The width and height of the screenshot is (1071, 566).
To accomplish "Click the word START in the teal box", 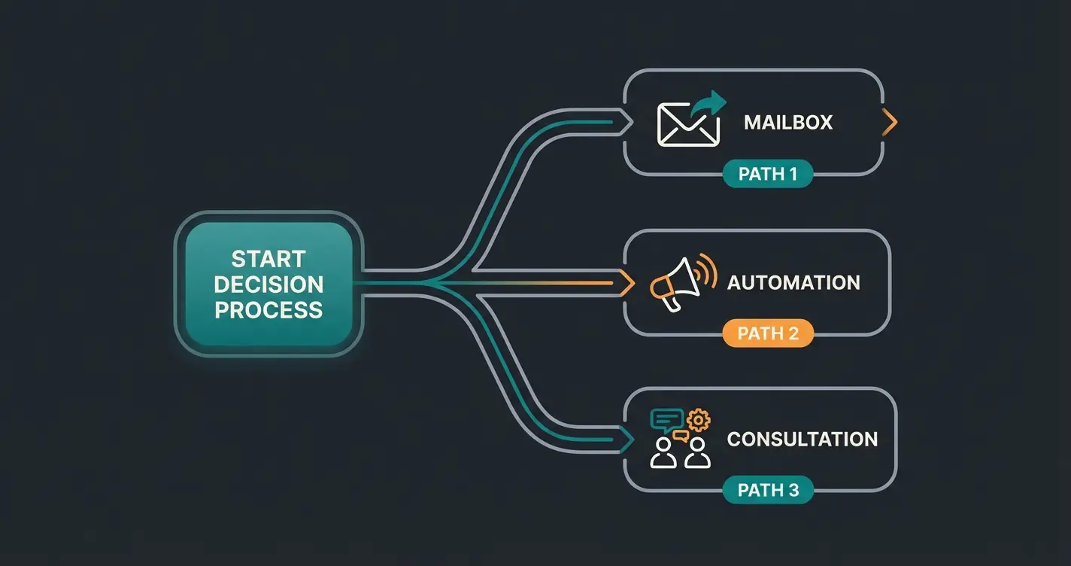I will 268,259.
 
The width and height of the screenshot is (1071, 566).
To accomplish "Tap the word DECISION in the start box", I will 268,285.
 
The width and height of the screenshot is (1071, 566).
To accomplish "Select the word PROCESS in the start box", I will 268,309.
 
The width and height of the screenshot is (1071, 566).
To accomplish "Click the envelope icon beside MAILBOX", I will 687,125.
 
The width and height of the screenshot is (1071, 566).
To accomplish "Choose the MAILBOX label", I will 788,123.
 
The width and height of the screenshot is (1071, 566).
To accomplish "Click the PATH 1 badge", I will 767,175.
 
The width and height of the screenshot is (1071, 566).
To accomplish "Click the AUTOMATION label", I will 793,283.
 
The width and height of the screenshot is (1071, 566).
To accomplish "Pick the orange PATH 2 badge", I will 768,333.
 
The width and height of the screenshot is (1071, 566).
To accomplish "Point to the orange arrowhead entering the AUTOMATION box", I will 625,283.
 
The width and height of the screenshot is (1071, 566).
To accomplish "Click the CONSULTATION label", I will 802,439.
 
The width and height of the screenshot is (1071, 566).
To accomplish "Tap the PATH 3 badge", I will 768,491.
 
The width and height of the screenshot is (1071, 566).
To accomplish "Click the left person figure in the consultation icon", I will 663,454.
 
